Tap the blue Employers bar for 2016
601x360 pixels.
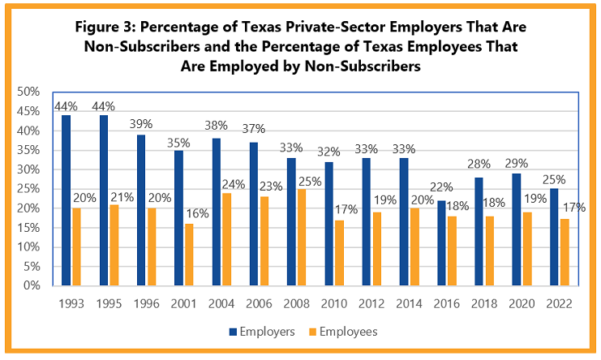(x=442, y=243)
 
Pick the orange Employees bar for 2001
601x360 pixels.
(x=190, y=255)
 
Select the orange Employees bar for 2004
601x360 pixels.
(x=227, y=239)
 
